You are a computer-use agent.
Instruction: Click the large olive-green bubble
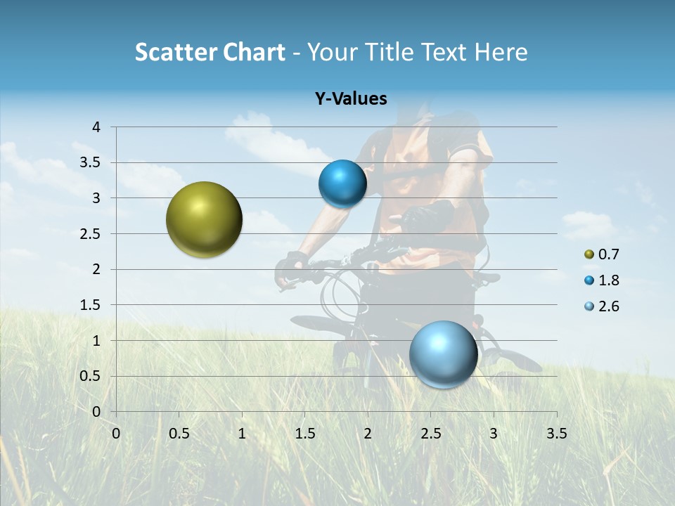(x=204, y=219)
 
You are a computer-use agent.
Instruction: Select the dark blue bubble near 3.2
(x=342, y=184)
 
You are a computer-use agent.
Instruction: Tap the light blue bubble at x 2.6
(x=443, y=354)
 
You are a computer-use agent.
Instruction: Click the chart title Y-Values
(x=350, y=99)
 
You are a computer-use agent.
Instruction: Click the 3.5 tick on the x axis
(x=556, y=433)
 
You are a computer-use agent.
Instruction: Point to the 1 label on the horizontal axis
(x=242, y=433)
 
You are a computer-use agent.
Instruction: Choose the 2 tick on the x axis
(x=368, y=433)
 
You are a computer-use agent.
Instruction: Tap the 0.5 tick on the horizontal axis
(x=179, y=433)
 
